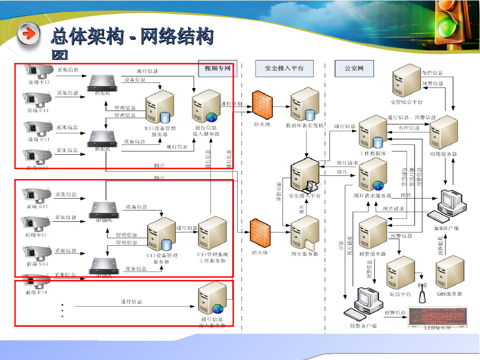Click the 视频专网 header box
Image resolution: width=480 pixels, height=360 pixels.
click(217, 68)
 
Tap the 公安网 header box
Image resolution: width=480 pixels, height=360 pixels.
click(354, 68)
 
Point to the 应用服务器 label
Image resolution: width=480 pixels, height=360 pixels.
click(443, 154)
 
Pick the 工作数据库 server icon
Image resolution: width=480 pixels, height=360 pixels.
click(373, 133)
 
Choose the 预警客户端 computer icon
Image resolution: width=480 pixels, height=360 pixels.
click(363, 303)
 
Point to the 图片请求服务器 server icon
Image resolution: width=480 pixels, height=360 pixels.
click(374, 174)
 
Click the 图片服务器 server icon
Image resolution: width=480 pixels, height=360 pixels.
click(305, 234)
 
